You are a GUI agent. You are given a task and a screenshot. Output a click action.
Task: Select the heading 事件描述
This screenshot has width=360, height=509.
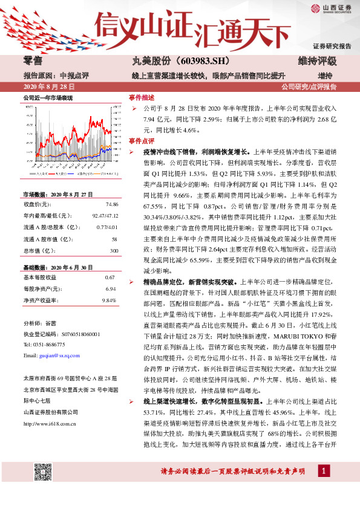point(142,97)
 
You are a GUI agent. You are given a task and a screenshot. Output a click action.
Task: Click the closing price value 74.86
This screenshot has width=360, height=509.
point(110,205)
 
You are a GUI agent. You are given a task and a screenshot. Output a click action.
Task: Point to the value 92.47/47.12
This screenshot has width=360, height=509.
point(103,216)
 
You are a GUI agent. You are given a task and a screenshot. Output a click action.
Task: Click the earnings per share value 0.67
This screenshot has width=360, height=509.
point(110,277)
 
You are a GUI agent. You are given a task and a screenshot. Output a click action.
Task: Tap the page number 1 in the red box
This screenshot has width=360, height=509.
point(324,488)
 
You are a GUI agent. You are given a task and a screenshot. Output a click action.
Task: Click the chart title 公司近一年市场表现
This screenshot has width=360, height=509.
point(48,98)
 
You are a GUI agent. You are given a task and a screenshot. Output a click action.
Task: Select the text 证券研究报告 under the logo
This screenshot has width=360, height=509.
point(332,46)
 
